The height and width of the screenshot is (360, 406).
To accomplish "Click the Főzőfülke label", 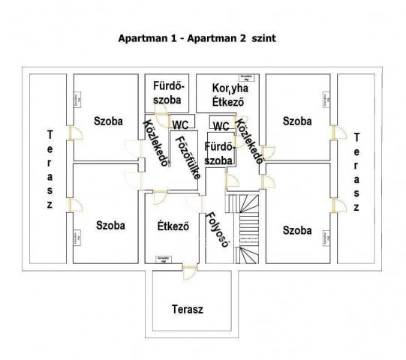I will click(182, 153).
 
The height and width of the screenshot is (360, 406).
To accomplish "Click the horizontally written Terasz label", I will click(187, 308).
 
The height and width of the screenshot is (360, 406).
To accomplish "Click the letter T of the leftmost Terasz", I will click(50, 136).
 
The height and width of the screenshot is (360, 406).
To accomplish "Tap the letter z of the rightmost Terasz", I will click(356, 205).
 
